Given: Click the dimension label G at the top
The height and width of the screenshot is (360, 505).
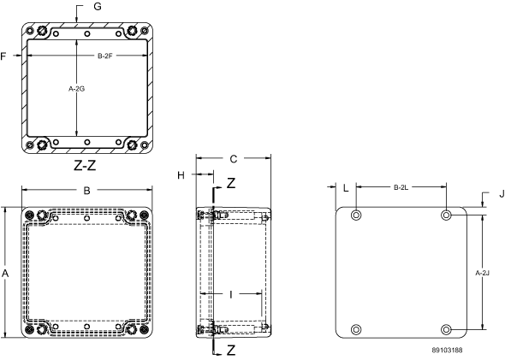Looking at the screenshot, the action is (x=98, y=7).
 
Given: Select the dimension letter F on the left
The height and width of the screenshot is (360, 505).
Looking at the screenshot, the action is (x=3, y=56).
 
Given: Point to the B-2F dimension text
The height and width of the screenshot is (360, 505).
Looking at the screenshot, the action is (x=105, y=56).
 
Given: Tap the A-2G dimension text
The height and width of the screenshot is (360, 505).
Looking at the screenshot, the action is (x=77, y=89).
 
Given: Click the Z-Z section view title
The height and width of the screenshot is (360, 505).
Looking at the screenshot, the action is (x=85, y=165).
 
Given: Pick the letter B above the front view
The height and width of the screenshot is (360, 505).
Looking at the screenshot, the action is (x=86, y=191).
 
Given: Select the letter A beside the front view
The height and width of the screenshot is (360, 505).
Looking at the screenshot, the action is (x=5, y=274).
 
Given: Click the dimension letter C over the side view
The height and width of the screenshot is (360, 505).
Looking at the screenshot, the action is (x=233, y=159).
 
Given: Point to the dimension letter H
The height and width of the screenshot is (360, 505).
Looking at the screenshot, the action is (x=181, y=175).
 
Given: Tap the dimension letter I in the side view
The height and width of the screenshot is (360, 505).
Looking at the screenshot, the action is (x=230, y=294).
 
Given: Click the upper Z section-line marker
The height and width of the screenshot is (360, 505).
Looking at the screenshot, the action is (x=231, y=183).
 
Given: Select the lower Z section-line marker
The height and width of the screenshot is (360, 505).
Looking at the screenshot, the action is (x=231, y=351).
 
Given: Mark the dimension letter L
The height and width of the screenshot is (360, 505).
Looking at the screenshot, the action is (x=346, y=188).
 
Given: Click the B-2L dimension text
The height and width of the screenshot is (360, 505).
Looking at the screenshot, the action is (x=401, y=187).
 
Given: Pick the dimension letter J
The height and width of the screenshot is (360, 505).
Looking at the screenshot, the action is (x=502, y=193).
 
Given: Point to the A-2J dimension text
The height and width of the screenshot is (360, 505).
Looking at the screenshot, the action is (x=483, y=273).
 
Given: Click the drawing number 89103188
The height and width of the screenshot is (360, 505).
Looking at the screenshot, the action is (x=448, y=350).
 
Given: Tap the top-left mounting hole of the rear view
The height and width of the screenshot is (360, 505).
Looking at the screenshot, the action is (x=356, y=215).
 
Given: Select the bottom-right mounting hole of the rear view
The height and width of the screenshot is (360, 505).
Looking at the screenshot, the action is (x=446, y=329).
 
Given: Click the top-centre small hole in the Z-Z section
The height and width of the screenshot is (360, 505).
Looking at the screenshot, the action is (x=87, y=33).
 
